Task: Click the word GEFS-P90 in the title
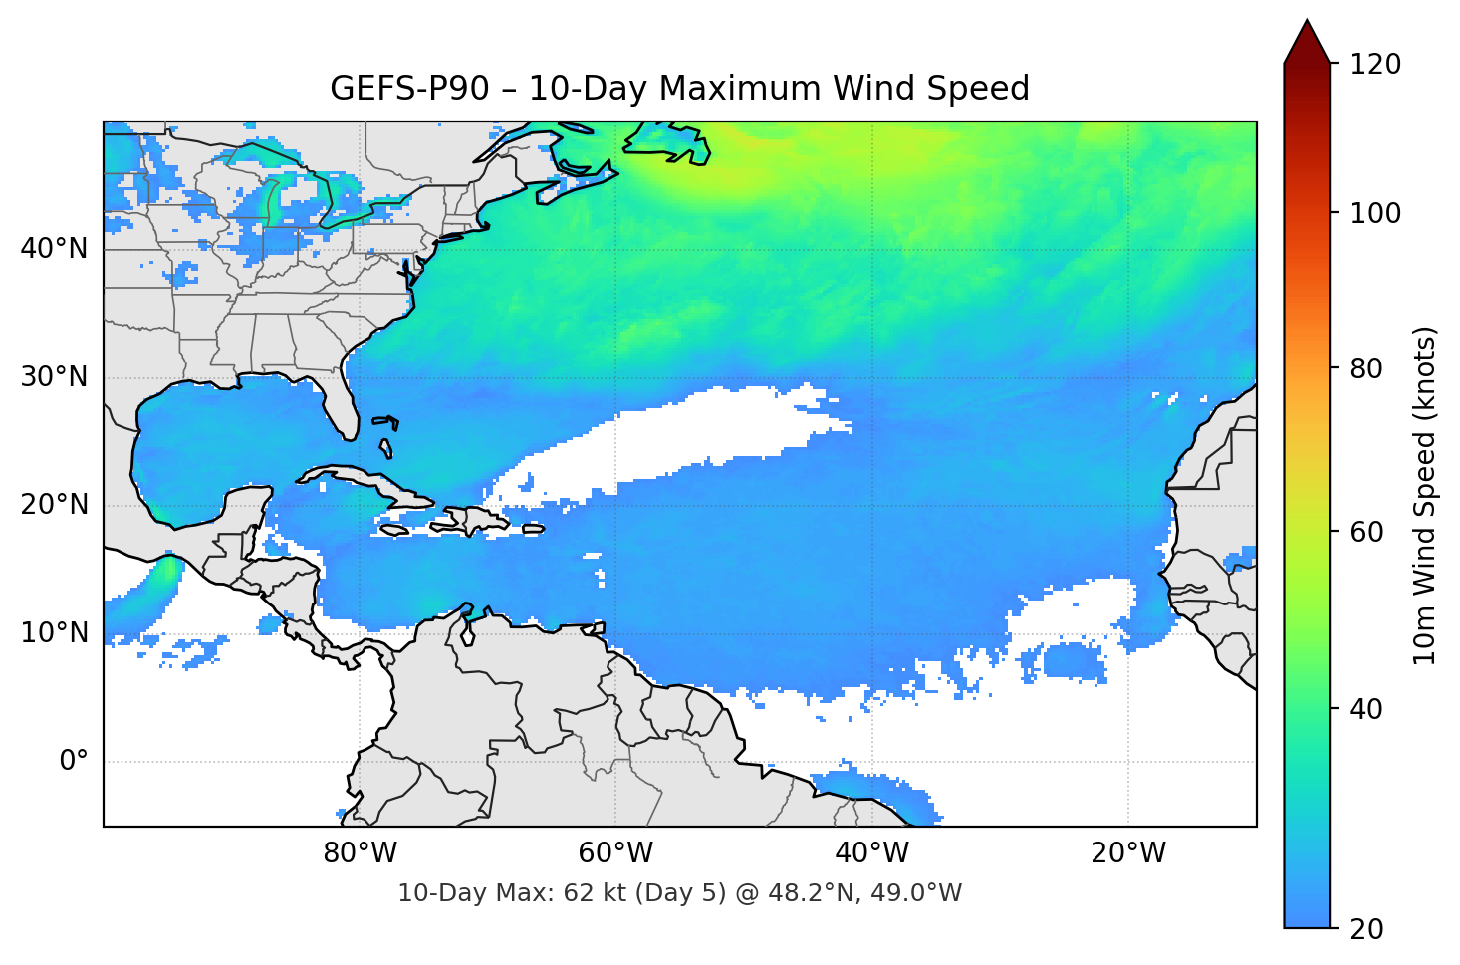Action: click(x=409, y=89)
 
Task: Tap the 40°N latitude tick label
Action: click(x=54, y=248)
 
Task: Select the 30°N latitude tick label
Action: click(x=54, y=377)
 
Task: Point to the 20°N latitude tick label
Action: click(x=54, y=505)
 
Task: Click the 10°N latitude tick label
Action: click(x=54, y=633)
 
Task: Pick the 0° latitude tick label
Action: click(x=74, y=762)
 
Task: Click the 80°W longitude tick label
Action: click(x=360, y=853)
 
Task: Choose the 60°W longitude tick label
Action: click(x=615, y=853)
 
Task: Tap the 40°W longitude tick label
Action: click(x=872, y=853)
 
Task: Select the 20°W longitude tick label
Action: click(x=1128, y=853)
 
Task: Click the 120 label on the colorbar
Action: click(x=1375, y=64)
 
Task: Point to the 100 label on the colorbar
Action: click(x=1375, y=213)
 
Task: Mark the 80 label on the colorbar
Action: click(x=1366, y=368)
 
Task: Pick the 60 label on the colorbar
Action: click(x=1366, y=532)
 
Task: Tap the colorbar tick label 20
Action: click(x=1366, y=929)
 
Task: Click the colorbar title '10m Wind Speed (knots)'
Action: click(x=1425, y=495)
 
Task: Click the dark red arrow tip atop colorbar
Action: click(x=1307, y=38)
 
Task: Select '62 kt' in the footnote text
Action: click(x=595, y=893)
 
